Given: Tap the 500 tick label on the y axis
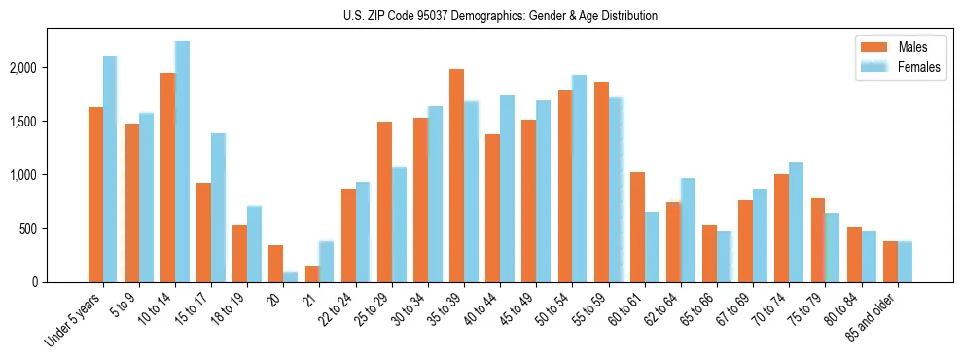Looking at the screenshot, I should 55,229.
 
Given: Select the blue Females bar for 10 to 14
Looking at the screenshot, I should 182,162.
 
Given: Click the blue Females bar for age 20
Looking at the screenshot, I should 290,277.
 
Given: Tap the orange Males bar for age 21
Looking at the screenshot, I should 312,273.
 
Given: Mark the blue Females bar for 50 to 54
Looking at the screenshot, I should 579,179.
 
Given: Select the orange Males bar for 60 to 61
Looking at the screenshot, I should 637,228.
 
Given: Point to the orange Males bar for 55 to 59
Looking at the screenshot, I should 601,182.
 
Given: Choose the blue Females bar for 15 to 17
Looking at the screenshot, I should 218,208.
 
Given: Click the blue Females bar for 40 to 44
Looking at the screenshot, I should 507,189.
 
